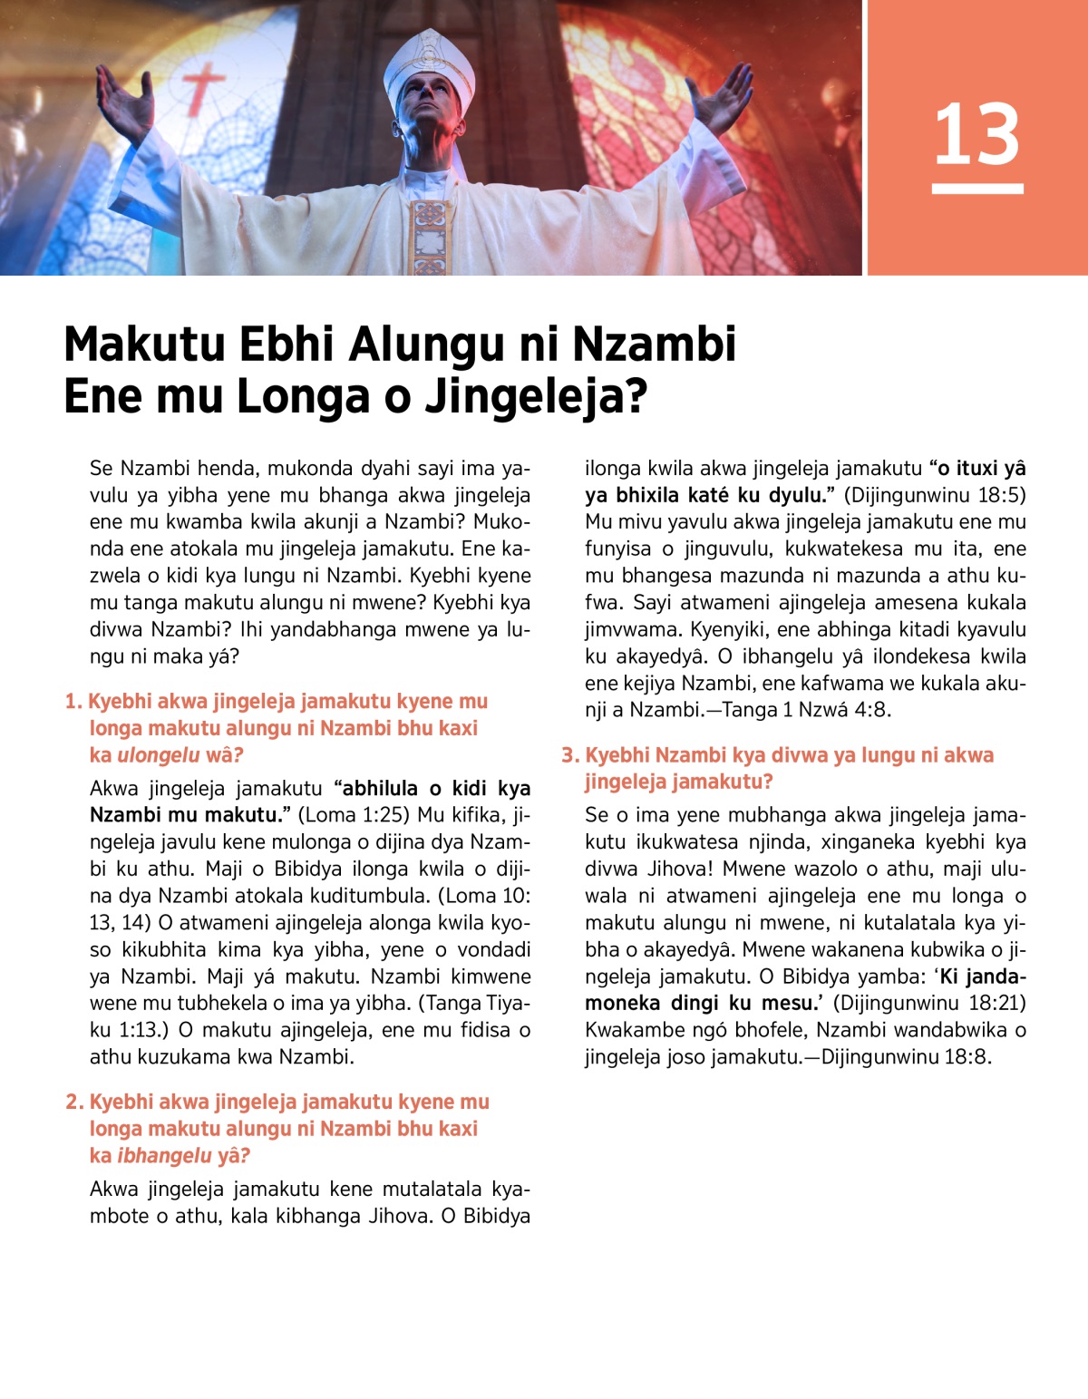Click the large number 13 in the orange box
[x=976, y=134]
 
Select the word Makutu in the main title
[x=143, y=345]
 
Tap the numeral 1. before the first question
[x=73, y=702]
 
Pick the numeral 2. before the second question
[x=74, y=1103]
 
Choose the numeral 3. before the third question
[x=570, y=755]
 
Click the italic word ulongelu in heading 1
[x=158, y=755]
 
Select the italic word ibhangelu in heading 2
[x=164, y=1156]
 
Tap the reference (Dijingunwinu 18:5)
[x=935, y=495]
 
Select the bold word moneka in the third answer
[x=622, y=1004]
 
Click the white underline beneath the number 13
[x=976, y=189]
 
